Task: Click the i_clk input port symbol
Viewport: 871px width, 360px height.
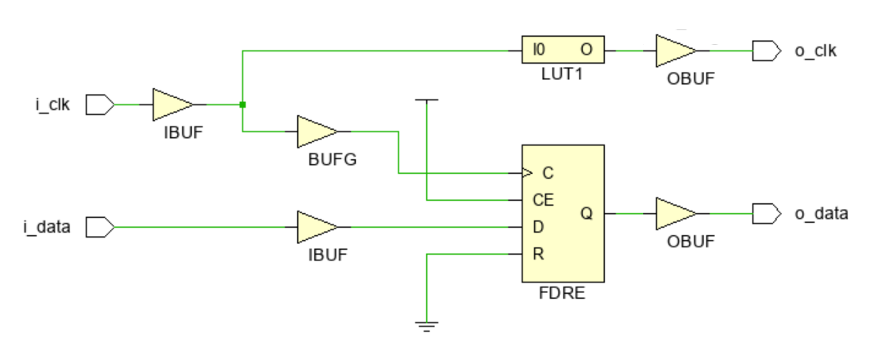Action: tap(98, 104)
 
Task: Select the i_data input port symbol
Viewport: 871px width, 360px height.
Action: tap(98, 226)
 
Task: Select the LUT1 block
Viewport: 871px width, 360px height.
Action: tap(563, 51)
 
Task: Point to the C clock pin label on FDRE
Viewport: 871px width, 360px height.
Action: tap(547, 173)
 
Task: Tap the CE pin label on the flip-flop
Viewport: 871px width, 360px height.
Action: tap(544, 199)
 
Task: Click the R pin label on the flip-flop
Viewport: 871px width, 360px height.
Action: tap(538, 253)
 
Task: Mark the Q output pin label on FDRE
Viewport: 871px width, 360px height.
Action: tap(586, 213)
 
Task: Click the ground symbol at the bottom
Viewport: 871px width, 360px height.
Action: tap(426, 326)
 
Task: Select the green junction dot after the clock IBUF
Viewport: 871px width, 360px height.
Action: tap(242, 104)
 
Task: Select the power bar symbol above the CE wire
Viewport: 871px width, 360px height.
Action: tap(426, 100)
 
